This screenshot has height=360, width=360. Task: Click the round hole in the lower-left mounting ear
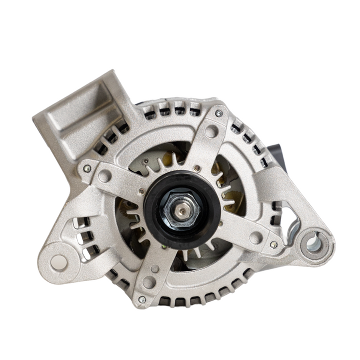(59, 261)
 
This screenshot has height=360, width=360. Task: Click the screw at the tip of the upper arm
(218, 114)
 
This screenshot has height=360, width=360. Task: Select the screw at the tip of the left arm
(87, 169)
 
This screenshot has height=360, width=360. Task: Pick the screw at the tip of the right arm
(273, 244)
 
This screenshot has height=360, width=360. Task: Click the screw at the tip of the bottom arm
(142, 299)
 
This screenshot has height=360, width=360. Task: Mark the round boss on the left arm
(105, 176)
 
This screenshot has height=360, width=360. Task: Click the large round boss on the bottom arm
(149, 282)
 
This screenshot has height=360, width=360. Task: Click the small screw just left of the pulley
(142, 191)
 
